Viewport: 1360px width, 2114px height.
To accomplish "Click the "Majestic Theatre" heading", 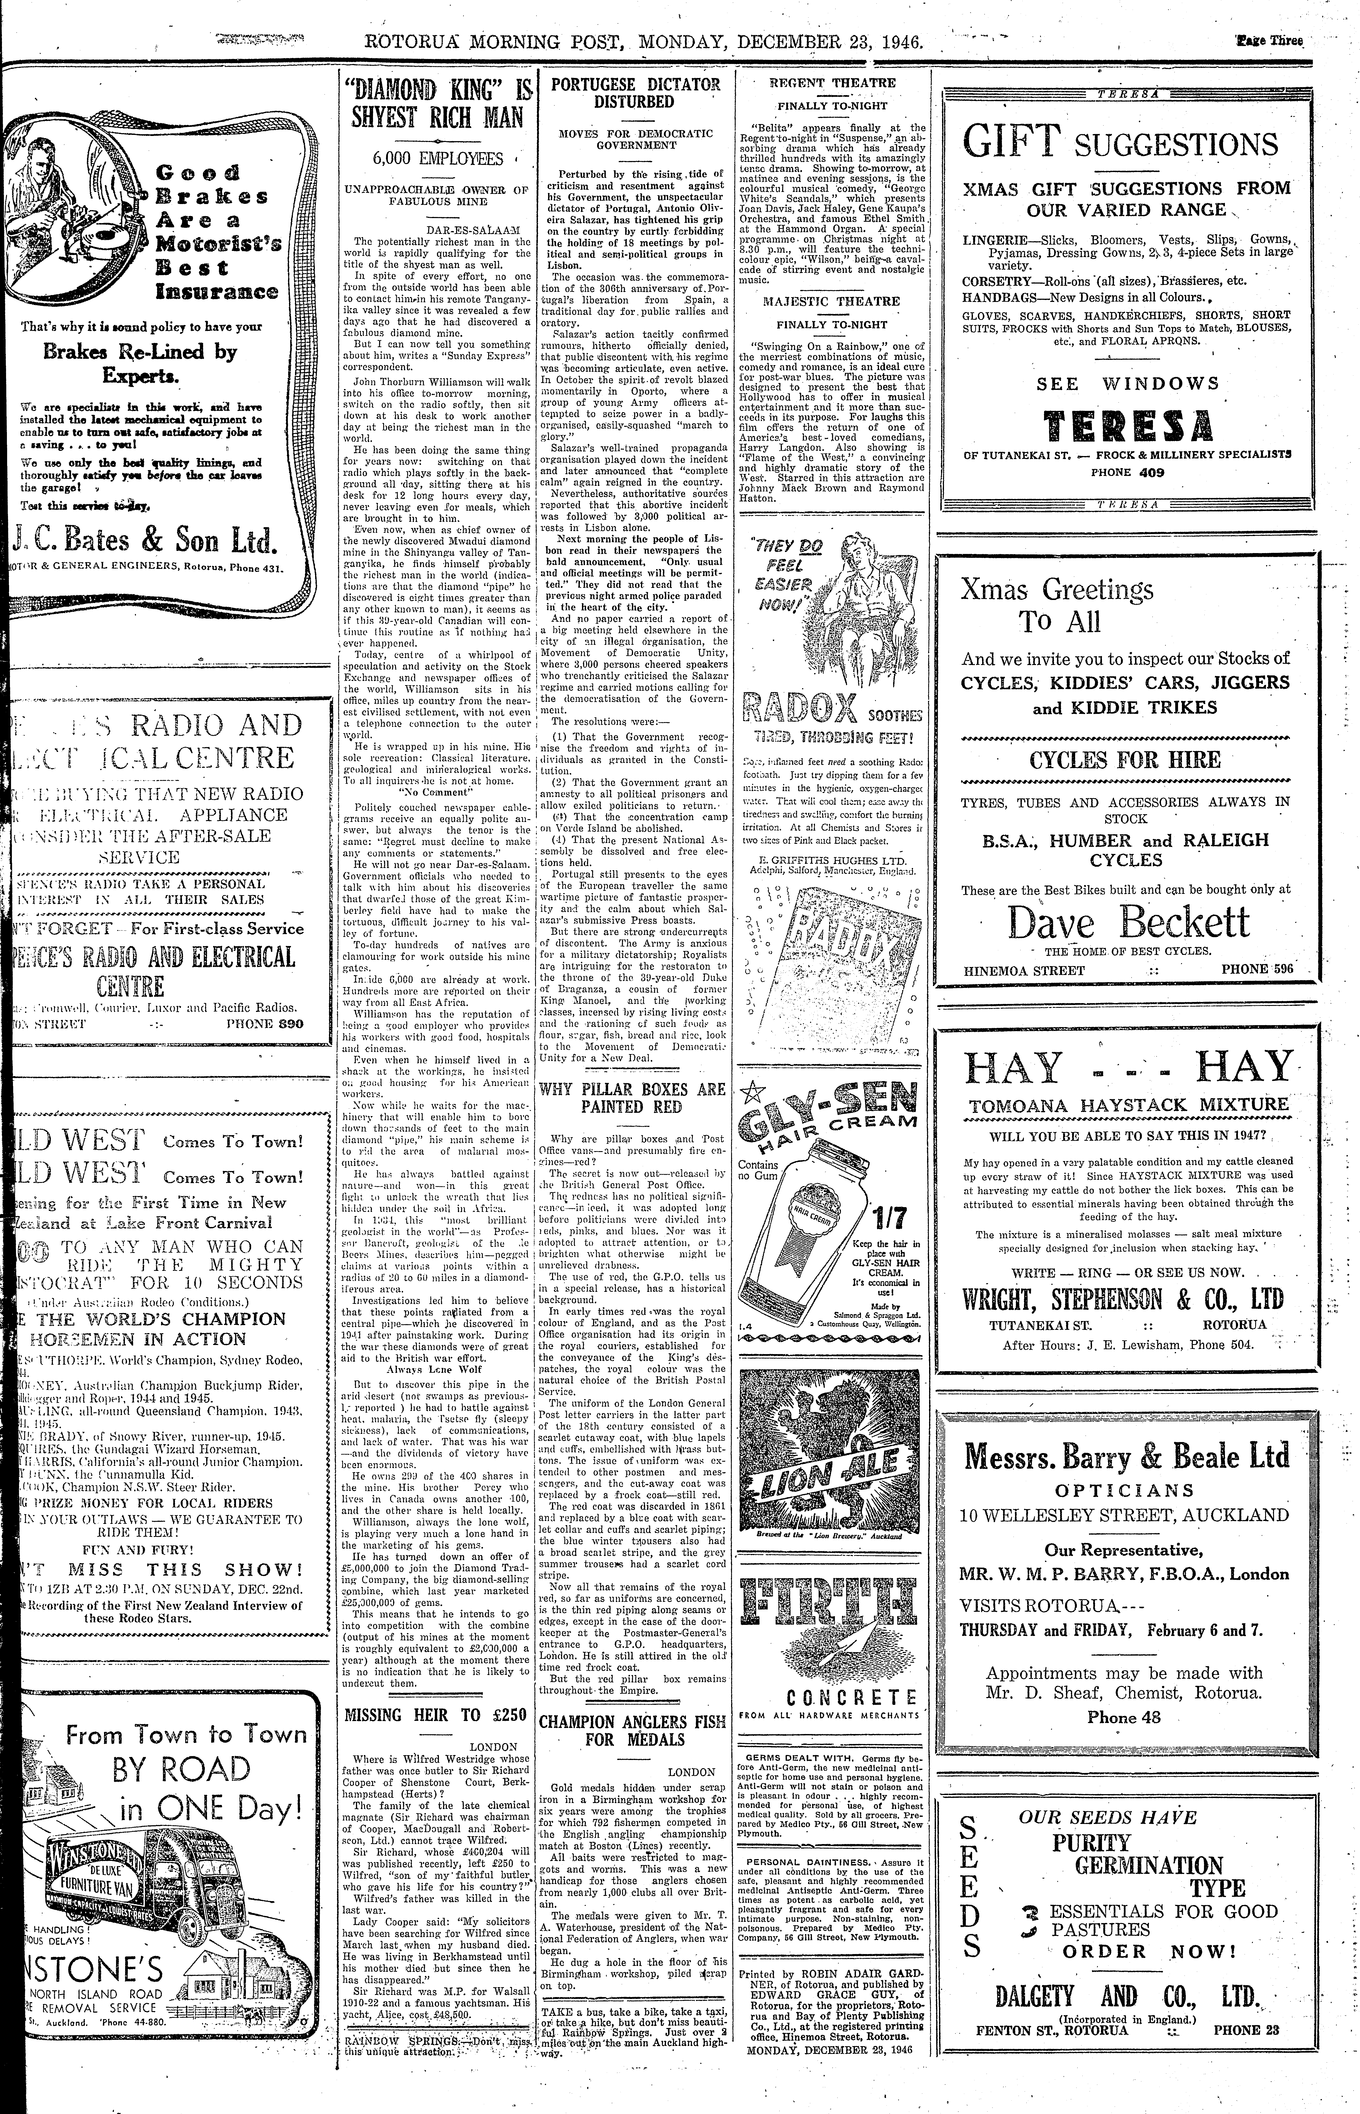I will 832,301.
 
